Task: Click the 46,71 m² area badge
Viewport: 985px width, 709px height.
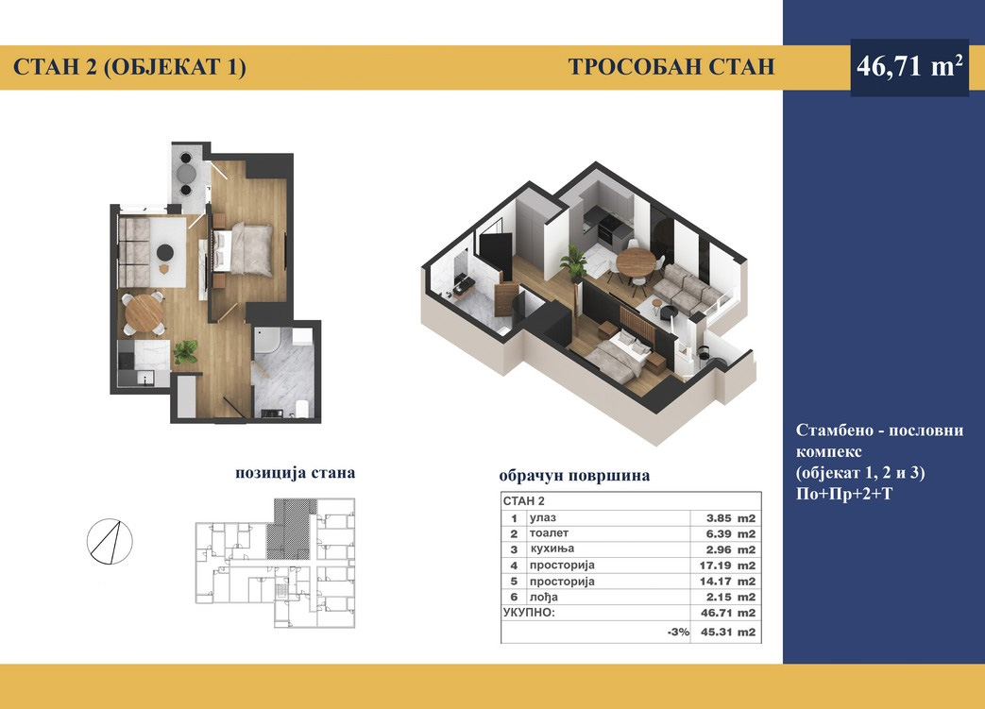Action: [x=909, y=67]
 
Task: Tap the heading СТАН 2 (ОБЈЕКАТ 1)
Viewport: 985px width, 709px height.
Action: [x=129, y=67]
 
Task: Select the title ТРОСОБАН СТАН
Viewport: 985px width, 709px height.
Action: [x=671, y=67]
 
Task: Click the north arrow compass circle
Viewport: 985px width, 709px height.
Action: [x=110, y=541]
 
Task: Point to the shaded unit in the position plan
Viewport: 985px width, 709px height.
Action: [x=290, y=529]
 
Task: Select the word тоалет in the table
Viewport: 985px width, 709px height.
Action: [x=549, y=533]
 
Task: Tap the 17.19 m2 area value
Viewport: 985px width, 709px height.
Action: [x=727, y=566]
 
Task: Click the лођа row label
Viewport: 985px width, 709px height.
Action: [x=543, y=598]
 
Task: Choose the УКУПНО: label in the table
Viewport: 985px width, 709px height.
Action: [x=529, y=613]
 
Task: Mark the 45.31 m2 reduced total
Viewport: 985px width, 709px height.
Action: [x=727, y=633]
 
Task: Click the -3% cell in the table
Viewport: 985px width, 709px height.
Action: [x=678, y=633]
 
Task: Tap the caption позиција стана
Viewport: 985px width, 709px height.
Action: [x=296, y=473]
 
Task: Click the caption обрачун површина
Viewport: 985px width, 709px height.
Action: [x=574, y=476]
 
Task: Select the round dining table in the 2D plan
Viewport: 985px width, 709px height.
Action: [x=144, y=312]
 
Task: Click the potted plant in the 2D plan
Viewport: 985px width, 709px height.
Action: [x=185, y=352]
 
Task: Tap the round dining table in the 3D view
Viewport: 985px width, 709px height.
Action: [x=635, y=262]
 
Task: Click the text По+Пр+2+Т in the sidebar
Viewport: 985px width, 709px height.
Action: [x=843, y=495]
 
